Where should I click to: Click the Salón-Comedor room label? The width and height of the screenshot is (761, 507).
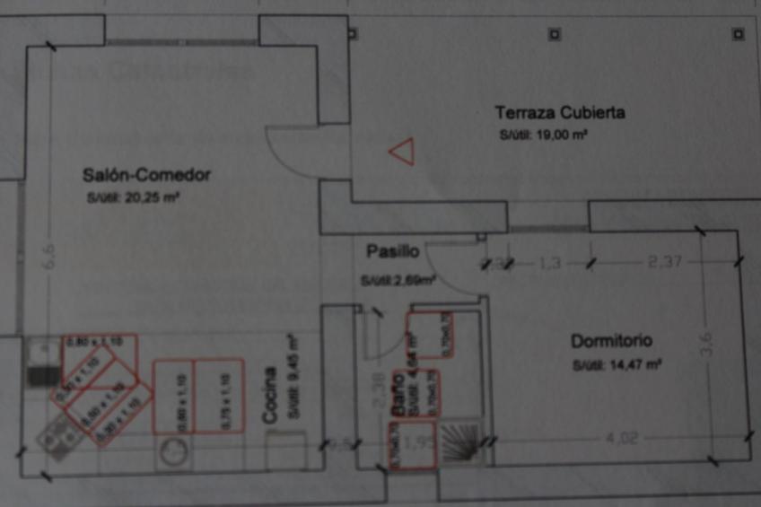(x=145, y=175)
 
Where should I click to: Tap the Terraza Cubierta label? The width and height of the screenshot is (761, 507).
(x=560, y=113)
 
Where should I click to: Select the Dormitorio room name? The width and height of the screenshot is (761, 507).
(x=611, y=342)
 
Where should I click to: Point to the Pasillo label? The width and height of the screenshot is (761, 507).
(x=392, y=250)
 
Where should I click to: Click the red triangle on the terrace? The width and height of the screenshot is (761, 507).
(x=402, y=152)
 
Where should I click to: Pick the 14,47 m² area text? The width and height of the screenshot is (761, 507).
(x=617, y=366)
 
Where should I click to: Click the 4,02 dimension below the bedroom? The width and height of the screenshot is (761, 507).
(x=611, y=439)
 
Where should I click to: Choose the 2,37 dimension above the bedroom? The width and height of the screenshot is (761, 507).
(x=665, y=262)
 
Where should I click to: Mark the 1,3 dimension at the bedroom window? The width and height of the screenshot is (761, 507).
(x=550, y=263)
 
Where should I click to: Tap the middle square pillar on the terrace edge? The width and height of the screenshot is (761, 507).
(x=554, y=35)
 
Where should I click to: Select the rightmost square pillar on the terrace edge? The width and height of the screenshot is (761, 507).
(x=738, y=35)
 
